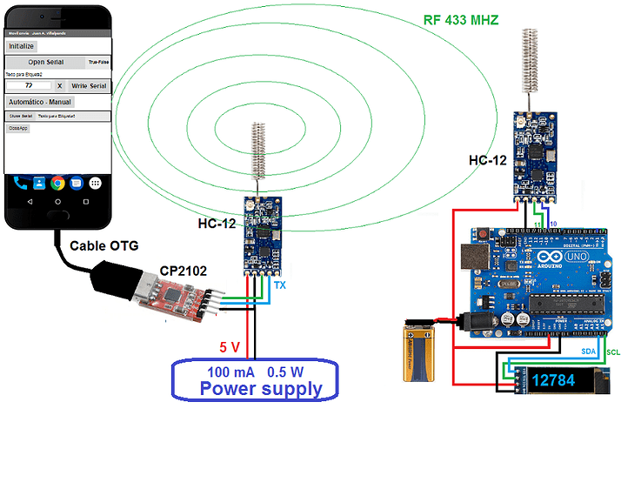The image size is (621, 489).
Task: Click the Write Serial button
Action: point(88,86)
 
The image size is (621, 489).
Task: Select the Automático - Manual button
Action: point(40,102)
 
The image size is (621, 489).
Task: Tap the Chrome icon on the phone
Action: point(57,183)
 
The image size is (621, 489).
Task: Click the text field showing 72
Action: point(29,86)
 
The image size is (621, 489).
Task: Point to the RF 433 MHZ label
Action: point(460,19)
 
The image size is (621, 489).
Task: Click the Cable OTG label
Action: point(103,245)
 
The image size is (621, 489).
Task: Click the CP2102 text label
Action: point(183,271)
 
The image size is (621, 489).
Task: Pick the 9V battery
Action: point(421,350)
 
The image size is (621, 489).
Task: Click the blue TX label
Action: point(279,285)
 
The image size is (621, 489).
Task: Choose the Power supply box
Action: point(260,380)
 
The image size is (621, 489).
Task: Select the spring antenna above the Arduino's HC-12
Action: point(527,60)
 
